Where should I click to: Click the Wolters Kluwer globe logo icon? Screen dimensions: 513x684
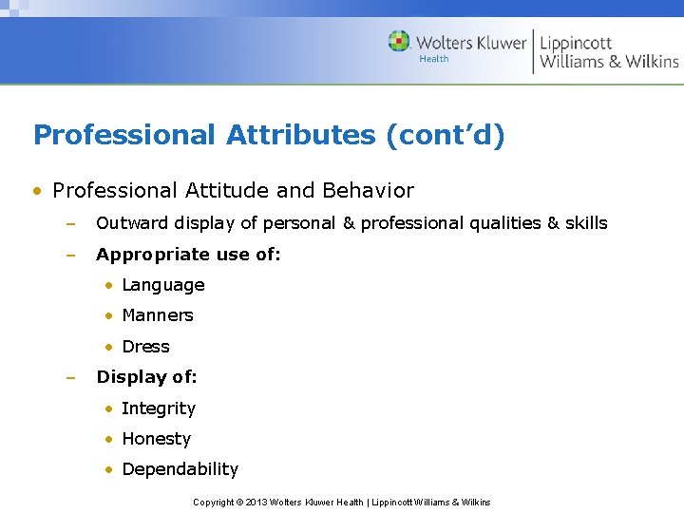399,41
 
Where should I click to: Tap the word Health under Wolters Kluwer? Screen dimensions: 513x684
433,59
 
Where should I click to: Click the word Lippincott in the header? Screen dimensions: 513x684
576,43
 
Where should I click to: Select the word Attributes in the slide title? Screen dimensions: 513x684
301,135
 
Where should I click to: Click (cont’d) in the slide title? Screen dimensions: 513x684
445,135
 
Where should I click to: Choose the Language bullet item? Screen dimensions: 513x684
162,285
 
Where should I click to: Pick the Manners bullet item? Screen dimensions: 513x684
157,315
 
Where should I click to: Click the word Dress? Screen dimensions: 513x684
145,347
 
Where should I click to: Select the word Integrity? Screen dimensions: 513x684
158,408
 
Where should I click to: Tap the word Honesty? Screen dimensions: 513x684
156,439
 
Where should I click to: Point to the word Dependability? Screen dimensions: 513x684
180,469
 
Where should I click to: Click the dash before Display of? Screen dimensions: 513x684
69,378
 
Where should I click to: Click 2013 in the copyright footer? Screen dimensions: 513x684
256,502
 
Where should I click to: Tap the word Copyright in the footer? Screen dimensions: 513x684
213,502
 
